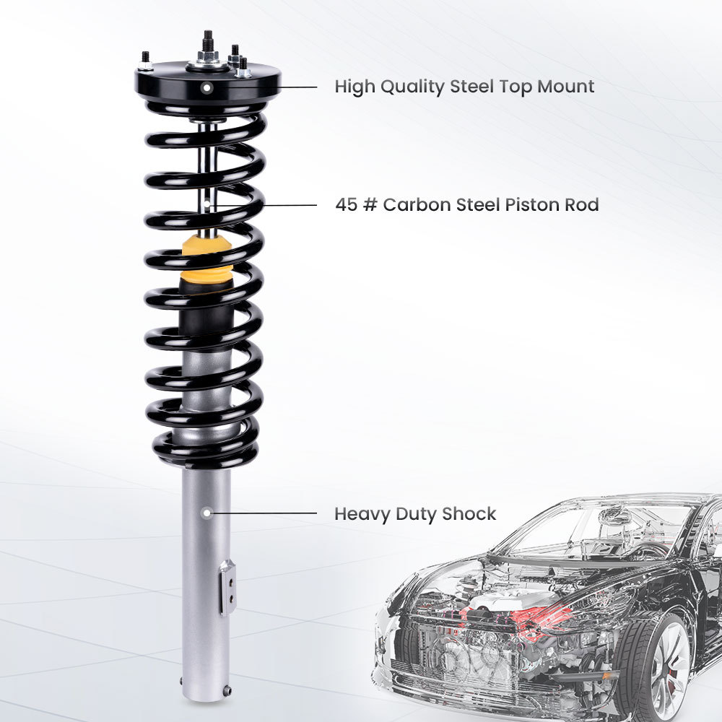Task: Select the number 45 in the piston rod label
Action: (346, 205)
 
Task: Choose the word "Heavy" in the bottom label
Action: (361, 515)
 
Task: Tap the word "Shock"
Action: (469, 514)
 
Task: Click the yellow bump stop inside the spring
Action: (206, 260)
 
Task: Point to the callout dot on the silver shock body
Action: (206, 513)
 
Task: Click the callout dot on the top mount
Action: (207, 87)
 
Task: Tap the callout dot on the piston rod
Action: (207, 205)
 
